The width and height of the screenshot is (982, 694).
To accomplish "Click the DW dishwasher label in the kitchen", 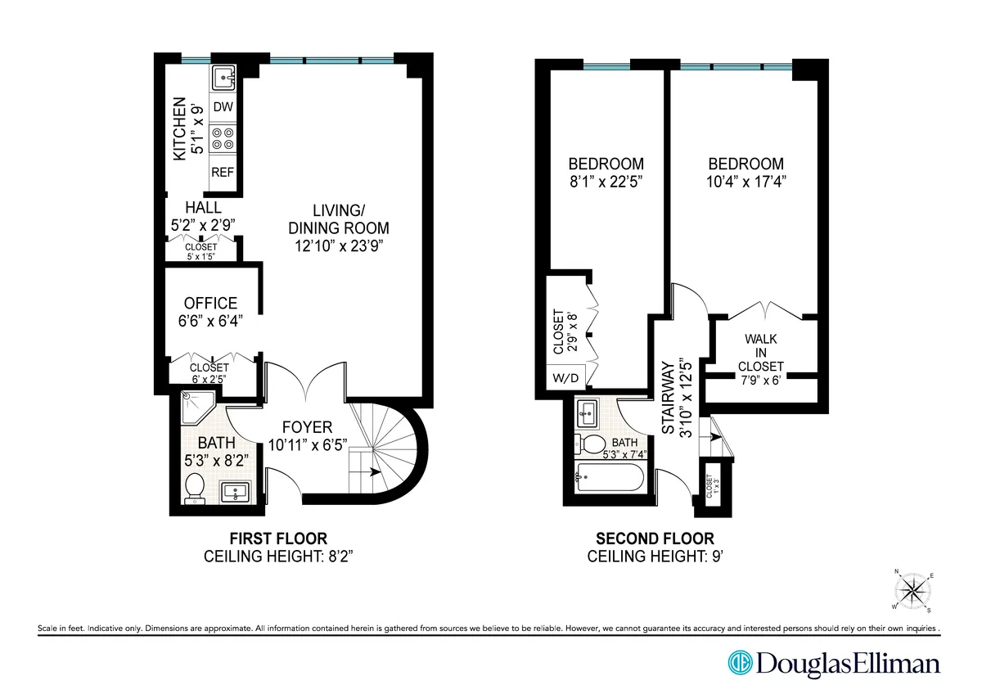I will tap(223, 107).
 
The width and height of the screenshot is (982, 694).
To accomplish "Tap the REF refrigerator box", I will tap(223, 173).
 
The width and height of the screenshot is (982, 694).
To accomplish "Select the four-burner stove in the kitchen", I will tap(223, 138).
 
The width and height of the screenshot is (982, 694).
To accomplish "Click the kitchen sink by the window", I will tap(223, 79).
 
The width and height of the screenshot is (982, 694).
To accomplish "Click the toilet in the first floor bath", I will tap(195, 489).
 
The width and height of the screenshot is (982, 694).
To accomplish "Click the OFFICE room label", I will tap(210, 304).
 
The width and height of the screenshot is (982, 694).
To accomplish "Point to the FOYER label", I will tap(307, 427).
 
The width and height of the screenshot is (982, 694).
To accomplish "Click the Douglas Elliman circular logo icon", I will tap(741, 663).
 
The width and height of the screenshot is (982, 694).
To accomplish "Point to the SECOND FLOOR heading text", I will tap(654, 539).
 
